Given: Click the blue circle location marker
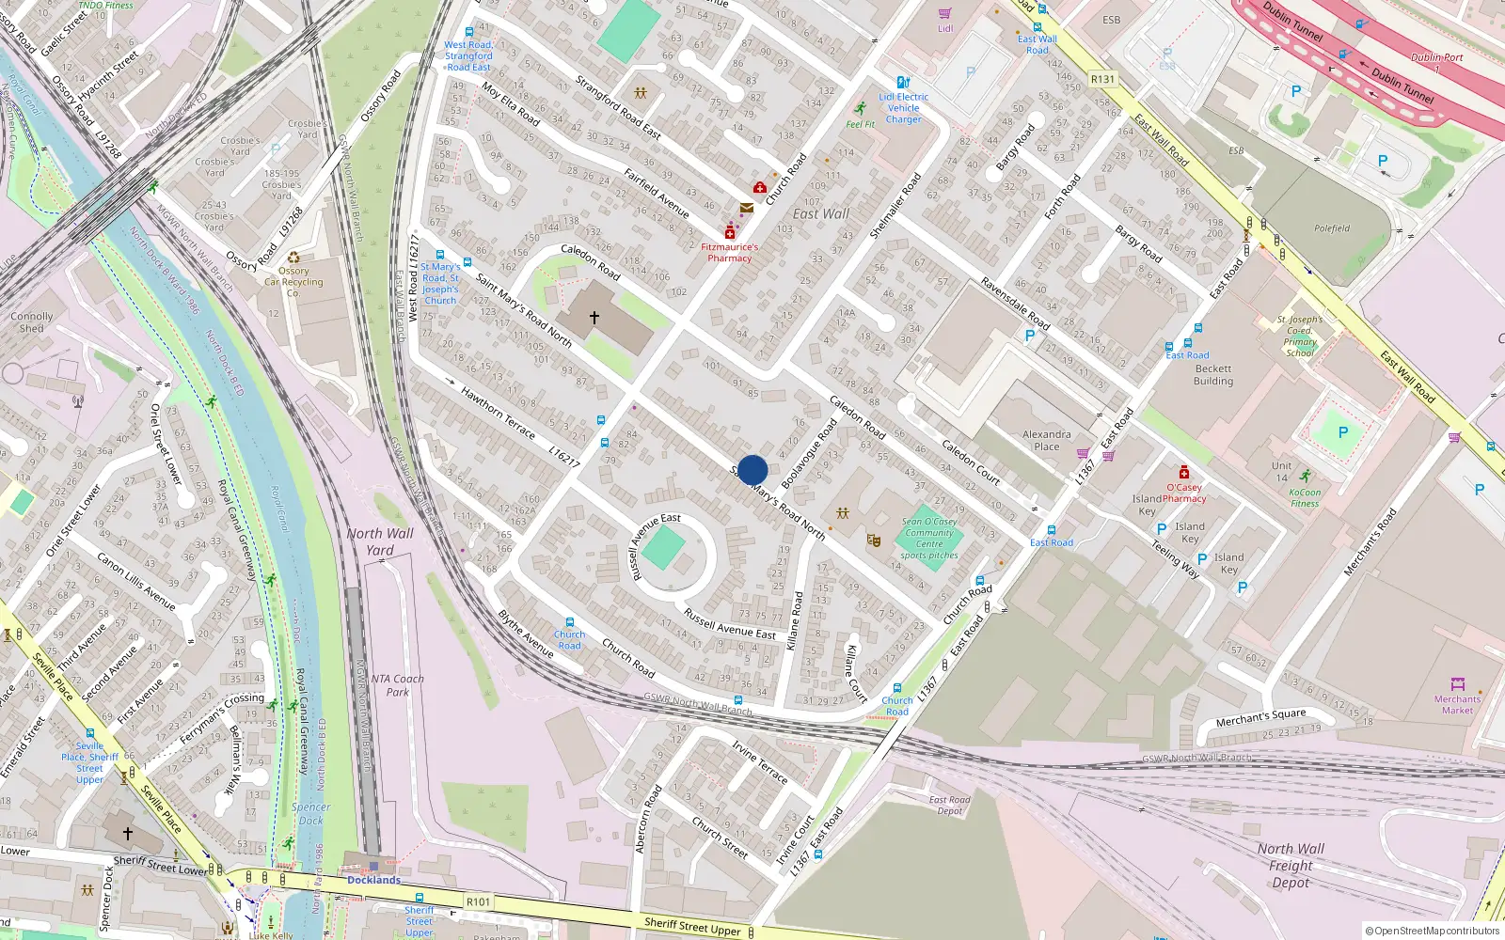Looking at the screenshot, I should tap(752, 470).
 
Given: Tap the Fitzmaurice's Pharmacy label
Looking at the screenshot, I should tap(729, 253).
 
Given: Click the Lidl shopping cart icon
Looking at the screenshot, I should tap(944, 14).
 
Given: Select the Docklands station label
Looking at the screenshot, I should tap(373, 880).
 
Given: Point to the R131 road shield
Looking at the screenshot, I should tap(1102, 80).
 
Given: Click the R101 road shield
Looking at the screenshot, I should tap(478, 901).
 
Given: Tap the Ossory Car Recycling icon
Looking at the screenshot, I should tap(293, 258).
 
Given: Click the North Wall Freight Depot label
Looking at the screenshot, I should tap(1291, 865).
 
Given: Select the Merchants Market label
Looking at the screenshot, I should tap(1457, 705).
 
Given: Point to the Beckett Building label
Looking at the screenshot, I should tap(1212, 375).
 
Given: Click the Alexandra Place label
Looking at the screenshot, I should tap(1046, 440).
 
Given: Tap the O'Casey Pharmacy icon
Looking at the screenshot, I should tap(1183, 472).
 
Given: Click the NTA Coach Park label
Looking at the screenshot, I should tap(397, 685).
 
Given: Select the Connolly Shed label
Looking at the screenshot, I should tap(31, 322).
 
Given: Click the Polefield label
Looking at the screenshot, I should tap(1331, 228).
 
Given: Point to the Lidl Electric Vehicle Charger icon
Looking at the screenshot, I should tap(903, 83).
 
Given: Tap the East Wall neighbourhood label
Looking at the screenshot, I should tap(820, 214).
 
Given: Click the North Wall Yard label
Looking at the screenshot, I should tap(379, 541).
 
